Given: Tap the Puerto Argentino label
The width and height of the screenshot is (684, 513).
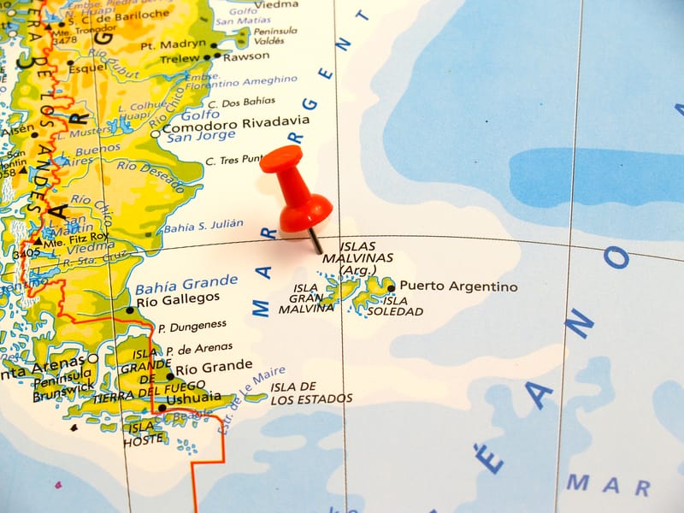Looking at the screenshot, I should pyautogui.click(x=458, y=286).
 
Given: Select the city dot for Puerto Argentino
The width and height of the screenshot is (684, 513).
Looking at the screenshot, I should pyautogui.click(x=392, y=288).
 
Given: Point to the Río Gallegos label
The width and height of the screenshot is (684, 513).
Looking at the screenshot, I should pyautogui.click(x=178, y=298).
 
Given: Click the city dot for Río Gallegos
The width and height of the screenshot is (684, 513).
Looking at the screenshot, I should pyautogui.click(x=130, y=310).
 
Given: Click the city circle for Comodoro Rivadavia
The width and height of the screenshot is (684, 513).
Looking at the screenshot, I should pyautogui.click(x=156, y=133).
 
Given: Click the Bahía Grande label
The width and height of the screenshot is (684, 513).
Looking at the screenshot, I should pyautogui.click(x=186, y=282).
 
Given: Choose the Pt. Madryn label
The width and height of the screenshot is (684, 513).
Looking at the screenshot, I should pyautogui.click(x=173, y=44).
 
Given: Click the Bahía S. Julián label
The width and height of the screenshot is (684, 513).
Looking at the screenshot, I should pyautogui.click(x=203, y=227).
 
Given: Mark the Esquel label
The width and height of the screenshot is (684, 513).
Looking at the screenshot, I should pyautogui.click(x=88, y=68).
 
